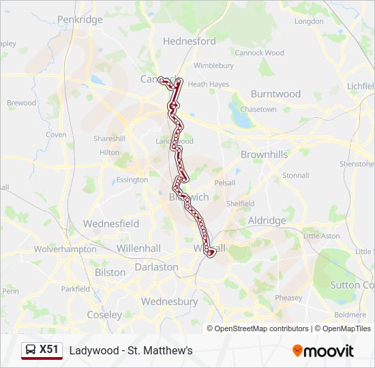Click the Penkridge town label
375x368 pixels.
80,20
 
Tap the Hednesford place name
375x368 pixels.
190,41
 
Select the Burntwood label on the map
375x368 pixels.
275,93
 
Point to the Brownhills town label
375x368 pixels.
264,155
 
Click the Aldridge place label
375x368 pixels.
267,221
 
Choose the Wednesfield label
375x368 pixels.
110,224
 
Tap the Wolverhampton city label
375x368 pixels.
65,249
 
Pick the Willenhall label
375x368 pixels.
138,249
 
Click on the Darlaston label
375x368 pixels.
156,267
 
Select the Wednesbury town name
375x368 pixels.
166,301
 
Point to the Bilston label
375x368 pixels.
110,273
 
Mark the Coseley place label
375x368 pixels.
104,315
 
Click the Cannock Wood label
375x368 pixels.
259,52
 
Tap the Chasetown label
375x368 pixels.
258,109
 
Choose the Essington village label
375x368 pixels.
132,180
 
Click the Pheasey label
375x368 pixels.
288,298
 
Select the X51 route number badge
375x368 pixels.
49,350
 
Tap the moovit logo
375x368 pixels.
323,351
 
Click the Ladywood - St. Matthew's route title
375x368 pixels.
131,350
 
